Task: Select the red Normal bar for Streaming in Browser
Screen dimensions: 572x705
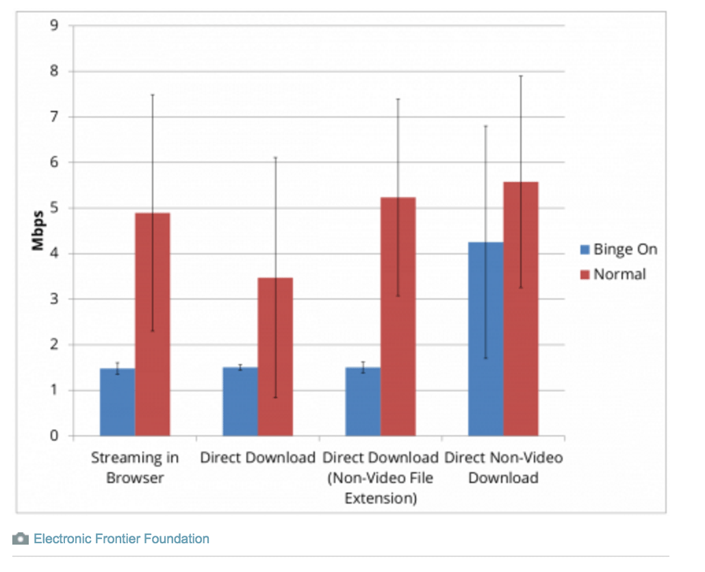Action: [152, 324]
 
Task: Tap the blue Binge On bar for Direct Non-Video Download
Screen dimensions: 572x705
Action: [485, 339]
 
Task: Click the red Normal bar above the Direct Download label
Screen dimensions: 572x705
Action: [275, 356]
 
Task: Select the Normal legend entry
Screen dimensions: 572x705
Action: [619, 274]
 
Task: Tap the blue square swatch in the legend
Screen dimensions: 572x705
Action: [585, 250]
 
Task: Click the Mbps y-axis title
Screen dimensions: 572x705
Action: [38, 231]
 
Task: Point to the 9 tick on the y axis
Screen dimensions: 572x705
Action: [53, 26]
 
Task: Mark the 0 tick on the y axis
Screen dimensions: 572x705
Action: [53, 436]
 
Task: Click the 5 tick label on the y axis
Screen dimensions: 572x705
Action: [53, 208]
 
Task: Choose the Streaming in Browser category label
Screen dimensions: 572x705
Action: [135, 467]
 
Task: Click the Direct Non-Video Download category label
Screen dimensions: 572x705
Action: [504, 467]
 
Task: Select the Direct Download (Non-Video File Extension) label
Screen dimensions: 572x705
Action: [381, 478]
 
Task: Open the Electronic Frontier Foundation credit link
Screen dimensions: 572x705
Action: [121, 538]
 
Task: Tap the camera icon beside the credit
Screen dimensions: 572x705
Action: [21, 538]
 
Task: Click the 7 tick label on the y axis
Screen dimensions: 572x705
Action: [53, 117]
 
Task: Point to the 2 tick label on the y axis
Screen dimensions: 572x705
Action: [53, 345]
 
